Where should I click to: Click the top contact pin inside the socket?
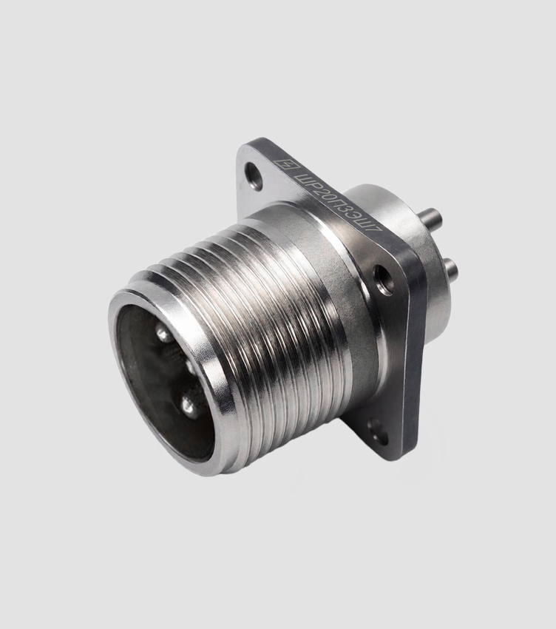[163, 334]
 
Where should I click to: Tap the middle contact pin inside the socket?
[189, 366]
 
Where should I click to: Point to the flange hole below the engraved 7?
[384, 280]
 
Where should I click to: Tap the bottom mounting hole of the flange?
[378, 431]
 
